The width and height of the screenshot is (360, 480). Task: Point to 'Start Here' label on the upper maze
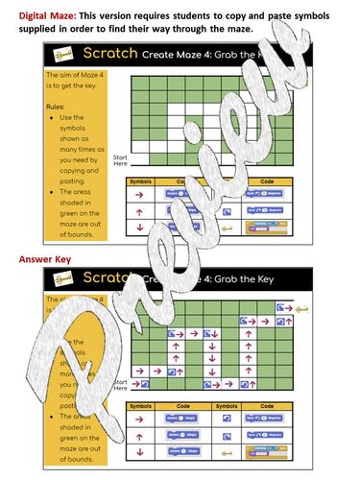(120, 160)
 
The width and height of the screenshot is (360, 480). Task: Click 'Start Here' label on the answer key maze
(120, 385)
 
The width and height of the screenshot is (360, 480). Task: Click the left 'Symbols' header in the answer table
(140, 404)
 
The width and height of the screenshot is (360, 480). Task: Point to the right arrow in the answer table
(140, 419)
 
